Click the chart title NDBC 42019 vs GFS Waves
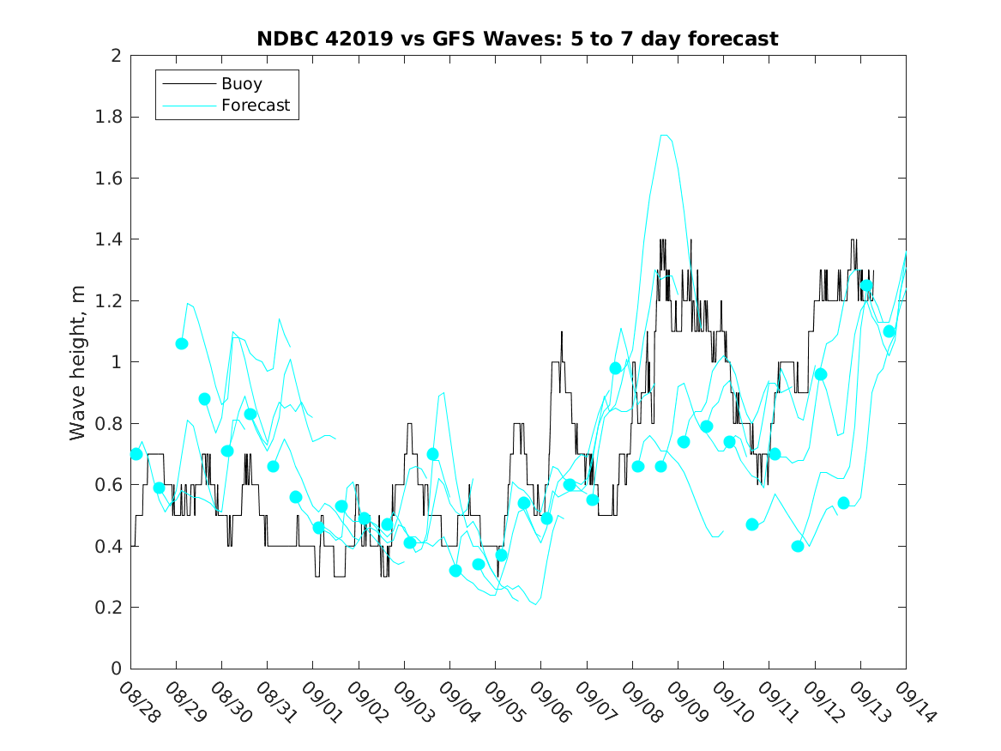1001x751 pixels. tap(517, 39)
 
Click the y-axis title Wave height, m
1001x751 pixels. tap(78, 362)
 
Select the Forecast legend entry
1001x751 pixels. tap(256, 106)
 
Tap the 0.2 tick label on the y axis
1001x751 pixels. tap(111, 608)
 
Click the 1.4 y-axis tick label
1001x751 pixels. tap(111, 239)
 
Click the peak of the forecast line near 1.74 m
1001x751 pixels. tap(664, 135)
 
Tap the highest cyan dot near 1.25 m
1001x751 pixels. tap(866, 286)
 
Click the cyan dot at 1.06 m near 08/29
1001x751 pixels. tap(182, 343)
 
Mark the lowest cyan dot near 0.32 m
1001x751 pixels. tap(455, 570)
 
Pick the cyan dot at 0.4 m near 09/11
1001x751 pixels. tap(798, 546)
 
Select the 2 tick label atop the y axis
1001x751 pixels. tap(117, 56)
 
